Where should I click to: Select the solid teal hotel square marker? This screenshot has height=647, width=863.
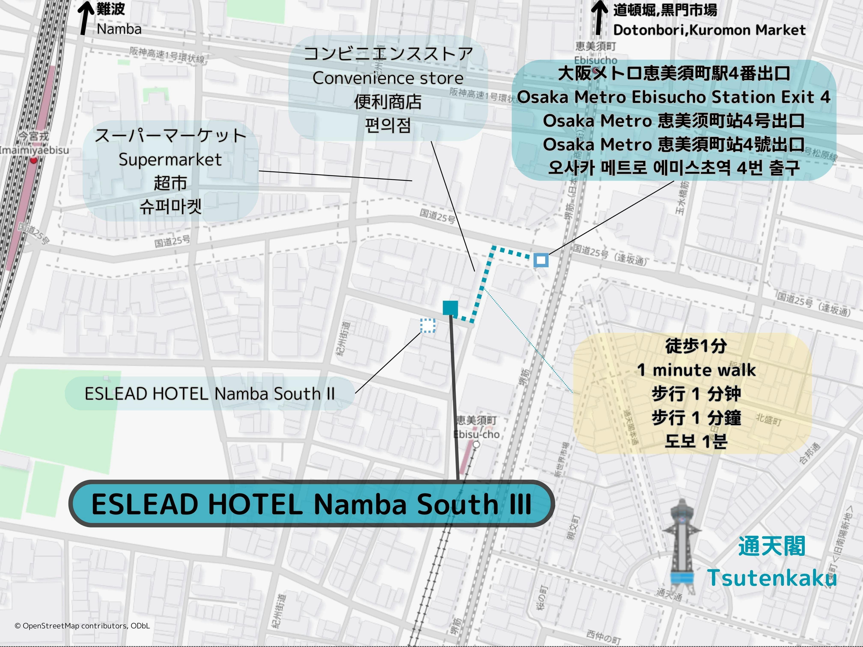[450, 308]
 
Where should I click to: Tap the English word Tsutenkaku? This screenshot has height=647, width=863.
[772, 578]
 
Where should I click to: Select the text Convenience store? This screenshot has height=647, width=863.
[388, 78]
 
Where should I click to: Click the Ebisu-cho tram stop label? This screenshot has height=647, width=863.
[476, 434]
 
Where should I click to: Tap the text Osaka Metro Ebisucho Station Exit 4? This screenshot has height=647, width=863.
[674, 97]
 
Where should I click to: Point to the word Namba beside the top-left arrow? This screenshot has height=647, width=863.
[119, 29]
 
